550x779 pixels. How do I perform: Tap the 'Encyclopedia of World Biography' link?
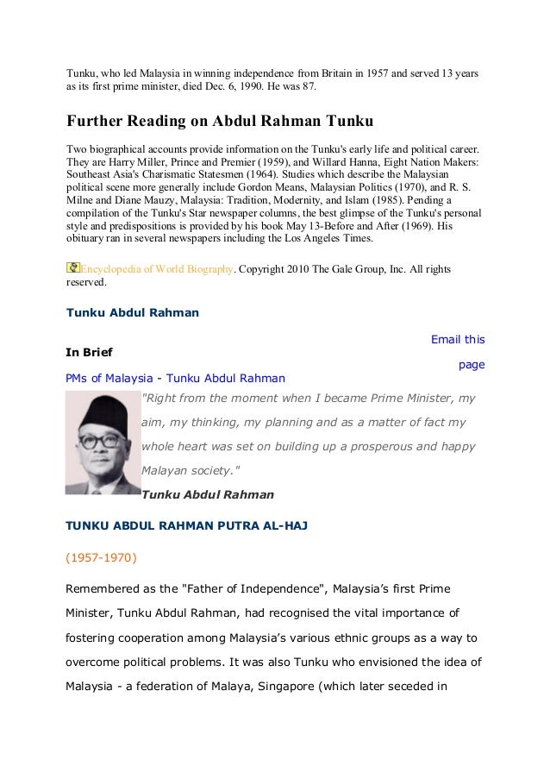pyautogui.click(x=156, y=269)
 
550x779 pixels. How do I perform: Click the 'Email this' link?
pyautogui.click(x=457, y=339)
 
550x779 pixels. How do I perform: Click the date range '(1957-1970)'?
pyautogui.click(x=100, y=557)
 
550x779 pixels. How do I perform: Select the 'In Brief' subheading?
pyautogui.click(x=89, y=352)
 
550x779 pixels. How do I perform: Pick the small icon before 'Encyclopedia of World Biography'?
pyautogui.click(x=73, y=268)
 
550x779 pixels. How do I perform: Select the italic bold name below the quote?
pyautogui.click(x=207, y=495)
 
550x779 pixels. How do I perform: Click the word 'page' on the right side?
pyautogui.click(x=472, y=365)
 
